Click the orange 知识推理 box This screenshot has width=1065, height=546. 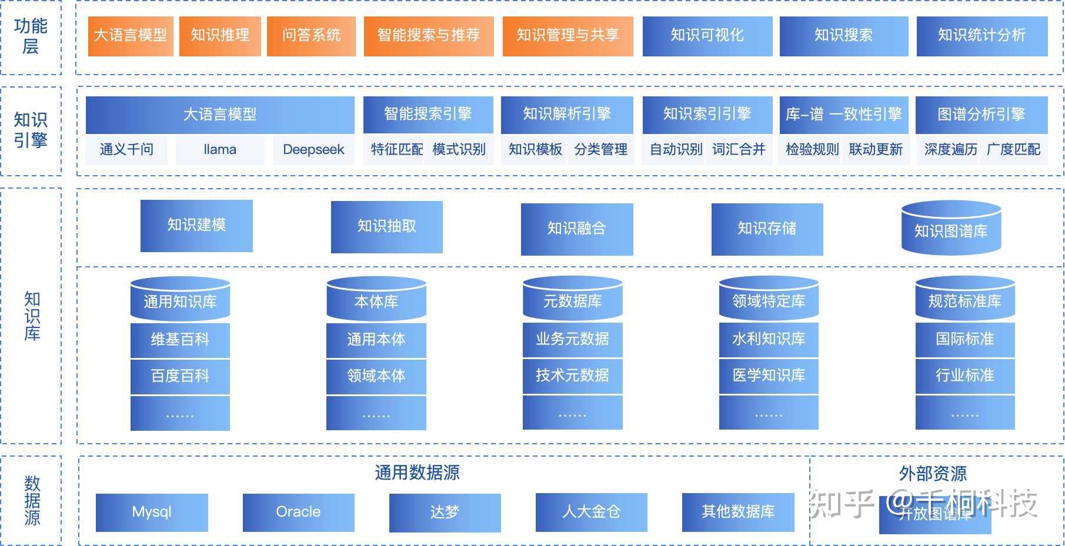tap(220, 36)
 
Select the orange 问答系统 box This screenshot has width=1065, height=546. tap(311, 36)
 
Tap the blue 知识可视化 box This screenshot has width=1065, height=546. tap(707, 36)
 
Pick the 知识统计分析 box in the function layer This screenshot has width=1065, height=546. tap(981, 36)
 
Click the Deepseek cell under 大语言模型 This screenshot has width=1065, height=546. tap(313, 150)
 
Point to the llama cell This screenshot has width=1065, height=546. tap(220, 150)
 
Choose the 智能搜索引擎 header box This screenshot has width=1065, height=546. tap(428, 114)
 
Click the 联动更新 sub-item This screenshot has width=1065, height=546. tap(876, 150)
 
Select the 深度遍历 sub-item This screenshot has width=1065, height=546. tap(950, 150)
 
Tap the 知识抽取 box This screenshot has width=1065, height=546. tap(386, 227)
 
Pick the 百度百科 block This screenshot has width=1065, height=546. tap(180, 376)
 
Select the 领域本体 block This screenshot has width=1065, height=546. tap(376, 376)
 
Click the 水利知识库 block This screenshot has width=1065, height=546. tap(768, 339)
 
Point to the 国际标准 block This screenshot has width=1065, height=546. tap(964, 339)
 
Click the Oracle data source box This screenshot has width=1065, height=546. tap(298, 512)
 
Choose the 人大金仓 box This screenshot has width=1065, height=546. tap(591, 512)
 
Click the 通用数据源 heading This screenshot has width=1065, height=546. tap(417, 473)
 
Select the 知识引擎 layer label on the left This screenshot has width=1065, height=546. tap(31, 130)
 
